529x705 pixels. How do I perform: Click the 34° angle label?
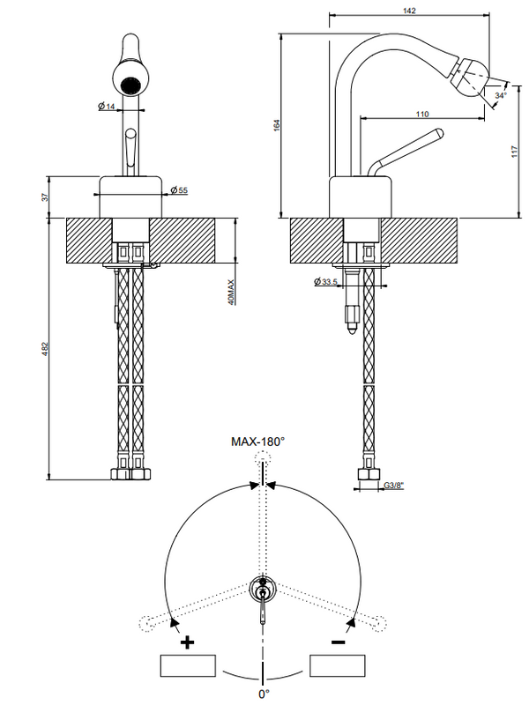[501, 94]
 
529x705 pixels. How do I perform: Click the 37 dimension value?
[46, 197]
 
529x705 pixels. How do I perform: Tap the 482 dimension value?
[46, 349]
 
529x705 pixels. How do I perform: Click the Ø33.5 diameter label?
[326, 282]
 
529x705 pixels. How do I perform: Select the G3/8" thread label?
[394, 485]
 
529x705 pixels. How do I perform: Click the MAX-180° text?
[258, 440]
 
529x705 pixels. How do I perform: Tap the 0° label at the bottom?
[263, 694]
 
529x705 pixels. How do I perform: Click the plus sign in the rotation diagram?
[187, 642]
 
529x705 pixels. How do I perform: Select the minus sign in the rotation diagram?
[338, 642]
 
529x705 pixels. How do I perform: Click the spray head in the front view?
[130, 85]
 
